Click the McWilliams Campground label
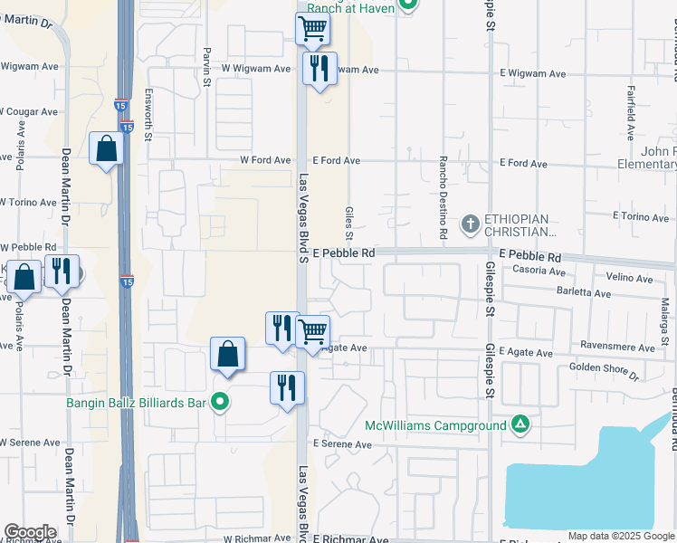[436, 425]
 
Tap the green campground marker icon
[520, 424]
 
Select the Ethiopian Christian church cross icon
[471, 223]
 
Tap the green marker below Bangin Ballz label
[219, 402]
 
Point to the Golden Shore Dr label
[605, 368]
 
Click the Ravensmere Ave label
[620, 345]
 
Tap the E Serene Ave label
[342, 445]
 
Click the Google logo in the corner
[30, 532]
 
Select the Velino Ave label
[629, 279]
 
